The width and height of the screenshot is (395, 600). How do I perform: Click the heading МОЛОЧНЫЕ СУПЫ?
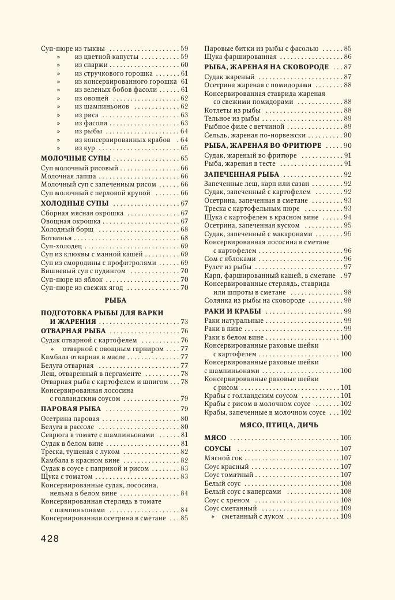point(76,158)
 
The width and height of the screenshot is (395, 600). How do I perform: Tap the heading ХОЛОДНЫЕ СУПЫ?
point(74,203)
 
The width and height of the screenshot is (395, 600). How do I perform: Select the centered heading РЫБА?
point(115,300)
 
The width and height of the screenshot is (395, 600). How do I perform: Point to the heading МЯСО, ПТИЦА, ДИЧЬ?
point(279,425)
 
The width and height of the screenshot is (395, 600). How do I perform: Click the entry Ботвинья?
point(57,238)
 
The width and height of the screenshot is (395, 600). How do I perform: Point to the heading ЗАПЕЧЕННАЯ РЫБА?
point(242,174)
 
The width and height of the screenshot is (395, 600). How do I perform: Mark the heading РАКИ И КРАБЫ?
point(232,311)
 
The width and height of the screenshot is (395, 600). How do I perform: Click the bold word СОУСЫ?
point(217,449)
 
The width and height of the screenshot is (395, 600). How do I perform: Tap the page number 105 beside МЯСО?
point(345,438)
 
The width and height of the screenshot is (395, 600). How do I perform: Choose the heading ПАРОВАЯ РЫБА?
point(71,409)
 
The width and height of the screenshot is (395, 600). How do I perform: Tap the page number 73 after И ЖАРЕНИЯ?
point(184,322)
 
